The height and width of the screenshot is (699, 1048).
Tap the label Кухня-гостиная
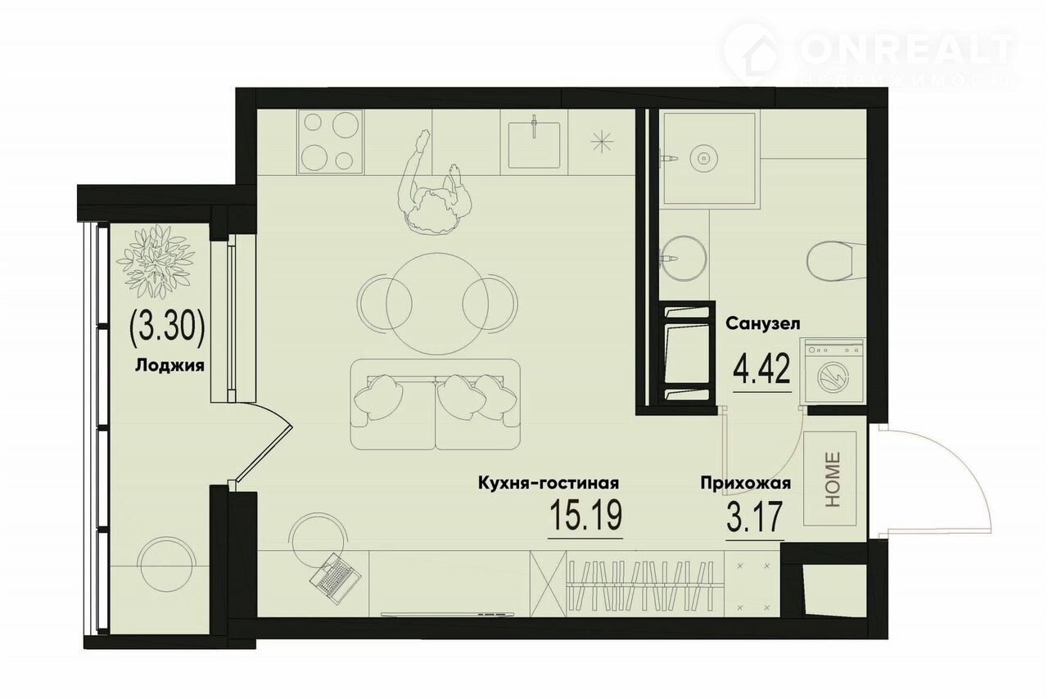[549, 483]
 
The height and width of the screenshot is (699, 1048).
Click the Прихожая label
[746, 483]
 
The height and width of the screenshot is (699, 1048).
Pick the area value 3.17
[755, 516]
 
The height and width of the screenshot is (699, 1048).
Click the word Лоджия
[169, 366]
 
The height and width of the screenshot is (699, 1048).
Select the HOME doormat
[830, 478]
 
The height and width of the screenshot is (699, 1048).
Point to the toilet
[836, 261]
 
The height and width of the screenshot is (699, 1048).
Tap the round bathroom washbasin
[684, 258]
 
